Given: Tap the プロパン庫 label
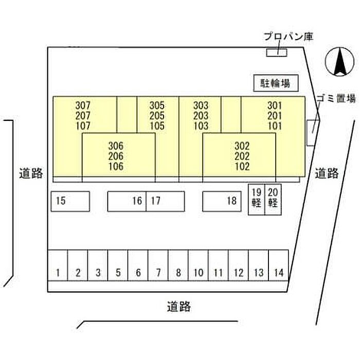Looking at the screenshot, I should pyautogui.click(x=287, y=37).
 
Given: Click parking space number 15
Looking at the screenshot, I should pyautogui.click(x=70, y=201).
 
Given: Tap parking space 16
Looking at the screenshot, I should pyautogui.click(x=127, y=201).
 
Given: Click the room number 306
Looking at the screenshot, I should pyautogui.click(x=116, y=146).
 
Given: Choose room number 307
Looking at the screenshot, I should pyautogui.click(x=82, y=105).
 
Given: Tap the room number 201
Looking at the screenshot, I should pyautogui.click(x=275, y=115).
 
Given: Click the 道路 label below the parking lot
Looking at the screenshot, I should pyautogui.click(x=179, y=307).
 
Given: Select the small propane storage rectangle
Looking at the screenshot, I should pyautogui.click(x=276, y=52).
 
